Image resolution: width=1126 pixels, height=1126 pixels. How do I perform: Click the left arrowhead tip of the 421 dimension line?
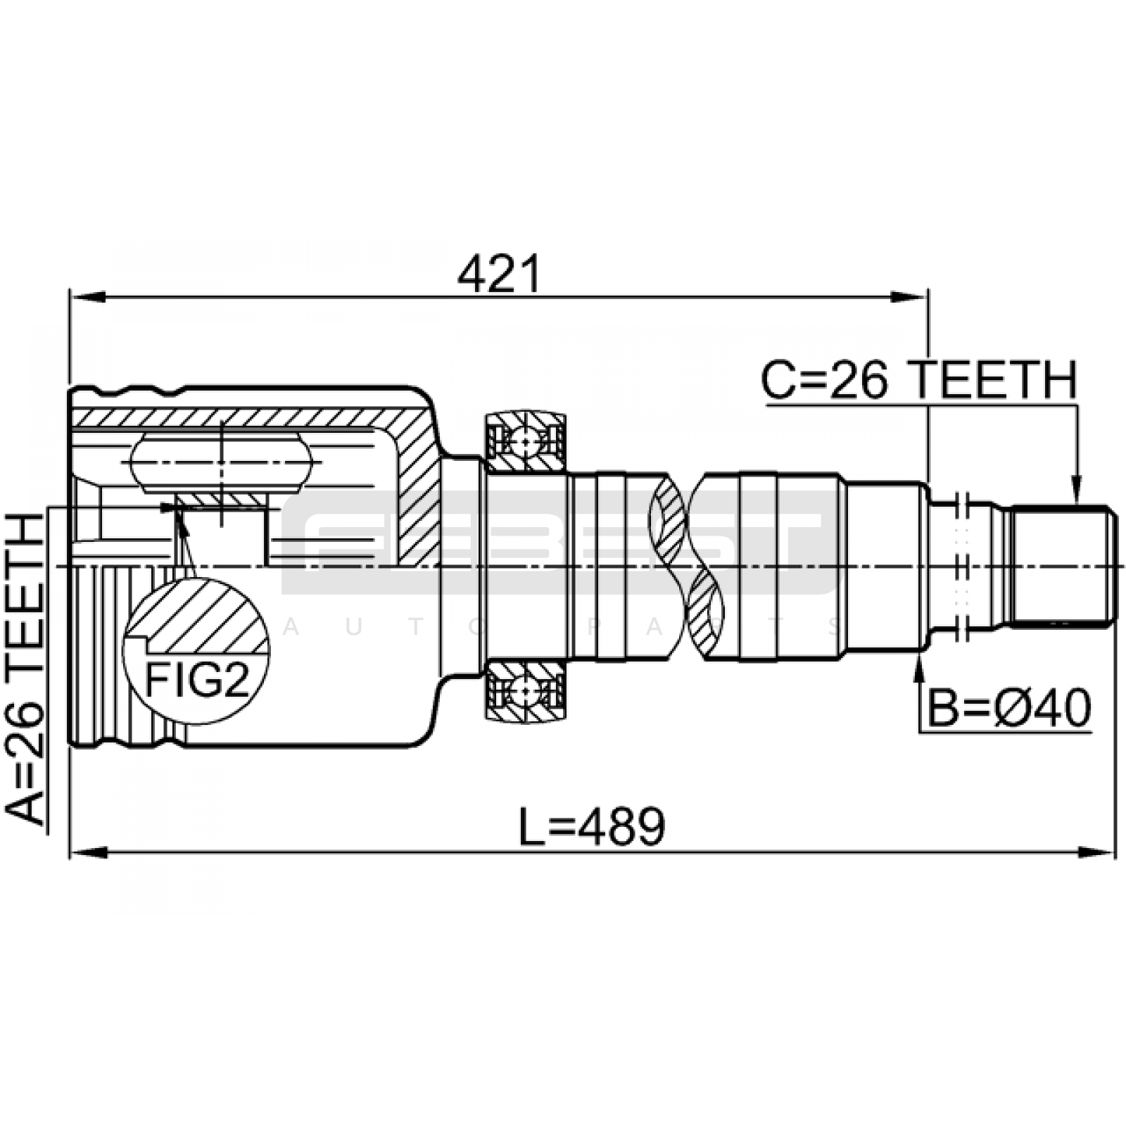(70, 297)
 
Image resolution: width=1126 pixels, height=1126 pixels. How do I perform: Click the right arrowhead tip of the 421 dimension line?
(928, 297)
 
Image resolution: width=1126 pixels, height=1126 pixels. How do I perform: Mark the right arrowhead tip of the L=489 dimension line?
(1115, 852)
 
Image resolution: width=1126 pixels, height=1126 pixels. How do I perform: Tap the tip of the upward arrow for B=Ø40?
(919, 651)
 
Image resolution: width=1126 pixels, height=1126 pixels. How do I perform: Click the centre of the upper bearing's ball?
(526, 441)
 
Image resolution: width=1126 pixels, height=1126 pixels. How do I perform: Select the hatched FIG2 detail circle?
(196, 651)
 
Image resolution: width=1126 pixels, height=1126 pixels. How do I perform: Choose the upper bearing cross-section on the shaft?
(526, 441)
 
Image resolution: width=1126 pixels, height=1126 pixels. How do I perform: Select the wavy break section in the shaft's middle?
(687, 567)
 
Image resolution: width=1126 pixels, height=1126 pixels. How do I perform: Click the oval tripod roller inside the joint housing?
(221, 463)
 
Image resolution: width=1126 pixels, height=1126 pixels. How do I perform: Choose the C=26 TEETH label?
(919, 380)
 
